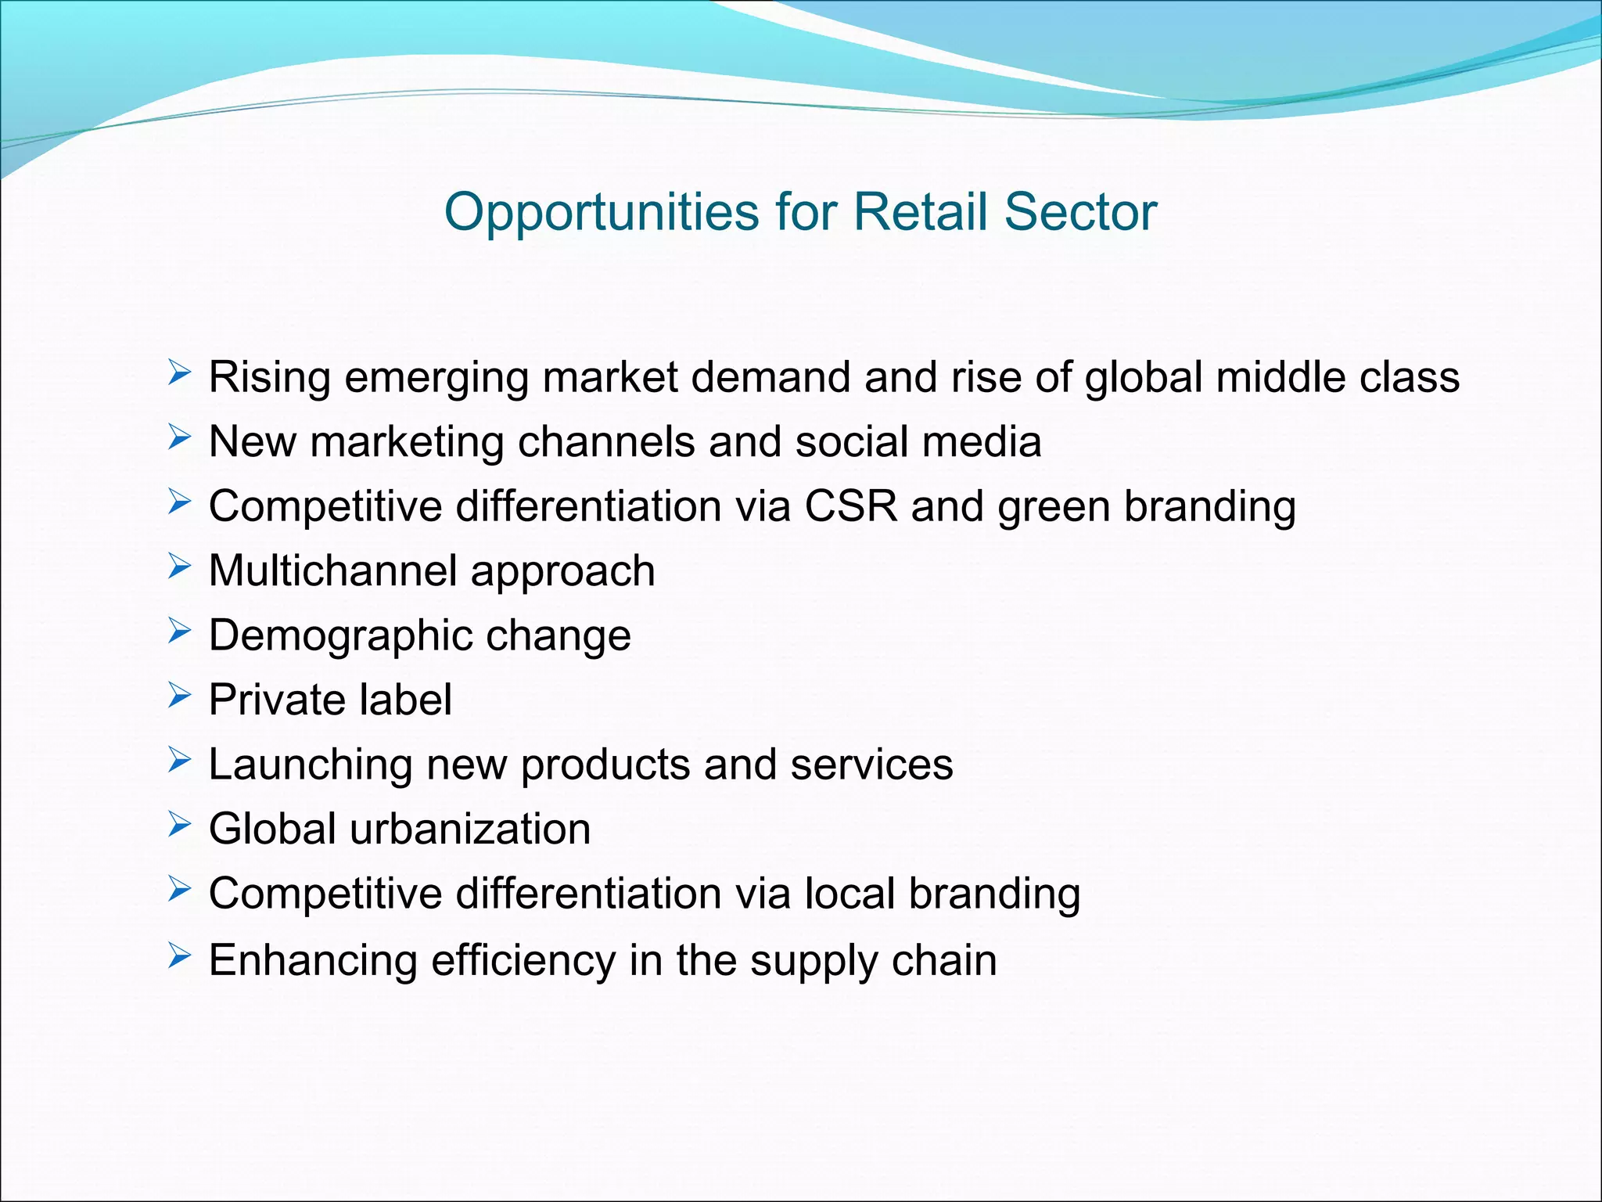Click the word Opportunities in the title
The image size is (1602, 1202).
pos(602,213)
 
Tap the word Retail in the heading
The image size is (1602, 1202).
pos(920,211)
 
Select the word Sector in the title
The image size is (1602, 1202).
pos(1080,211)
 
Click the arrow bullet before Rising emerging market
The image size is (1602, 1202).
pos(179,373)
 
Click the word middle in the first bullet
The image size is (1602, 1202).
pos(1281,377)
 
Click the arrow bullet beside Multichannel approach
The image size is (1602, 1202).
pos(179,567)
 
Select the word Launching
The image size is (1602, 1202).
pos(311,765)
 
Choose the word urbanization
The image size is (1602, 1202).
pos(470,829)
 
